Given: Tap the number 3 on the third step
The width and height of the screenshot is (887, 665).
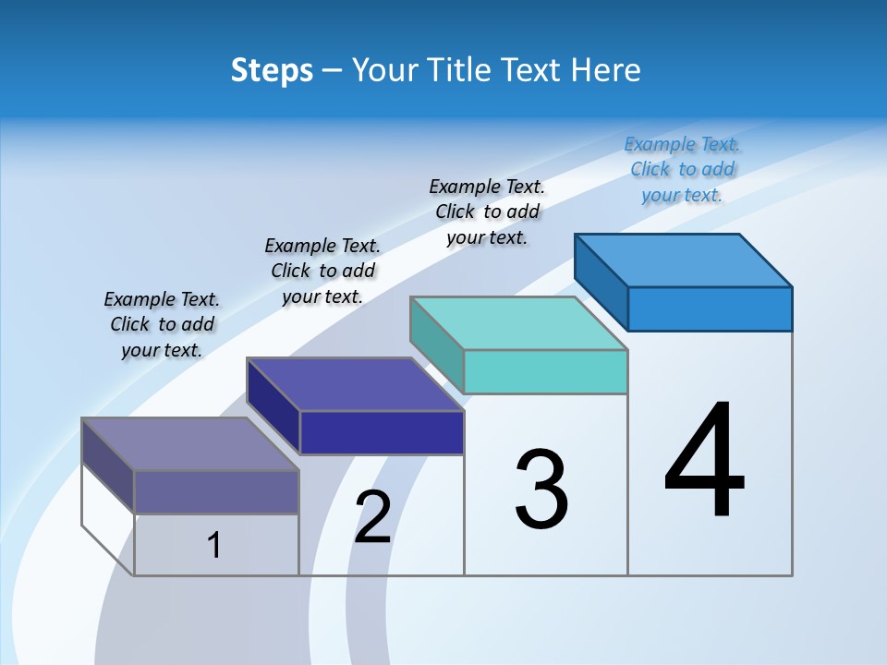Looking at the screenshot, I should pyautogui.click(x=541, y=490).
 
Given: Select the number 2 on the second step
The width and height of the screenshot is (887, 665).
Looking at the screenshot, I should pyautogui.click(x=373, y=517).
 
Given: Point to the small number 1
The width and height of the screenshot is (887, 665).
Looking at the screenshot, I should pyautogui.click(x=214, y=546).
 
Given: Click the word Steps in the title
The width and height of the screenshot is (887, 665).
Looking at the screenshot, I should pyautogui.click(x=272, y=70).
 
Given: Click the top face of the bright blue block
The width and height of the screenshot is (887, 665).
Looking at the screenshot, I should pyautogui.click(x=684, y=260).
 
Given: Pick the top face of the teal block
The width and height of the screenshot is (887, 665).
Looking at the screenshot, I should pyautogui.click(x=519, y=323).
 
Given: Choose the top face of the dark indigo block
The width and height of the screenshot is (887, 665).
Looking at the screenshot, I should pyautogui.click(x=355, y=384).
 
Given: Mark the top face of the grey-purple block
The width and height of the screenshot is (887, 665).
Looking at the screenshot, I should pyautogui.click(x=190, y=444).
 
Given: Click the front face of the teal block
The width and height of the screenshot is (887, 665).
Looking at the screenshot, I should pyautogui.click(x=545, y=371).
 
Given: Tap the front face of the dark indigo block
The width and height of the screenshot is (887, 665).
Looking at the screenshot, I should pyautogui.click(x=382, y=432).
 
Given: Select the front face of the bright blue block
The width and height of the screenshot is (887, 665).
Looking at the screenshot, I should pyautogui.click(x=710, y=308).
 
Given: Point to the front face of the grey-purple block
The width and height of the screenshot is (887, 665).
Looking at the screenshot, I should pyautogui.click(x=216, y=491).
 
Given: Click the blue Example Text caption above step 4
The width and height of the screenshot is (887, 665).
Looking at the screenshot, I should pyautogui.click(x=682, y=169).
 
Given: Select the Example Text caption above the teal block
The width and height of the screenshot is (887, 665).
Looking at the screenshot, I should pyautogui.click(x=487, y=212).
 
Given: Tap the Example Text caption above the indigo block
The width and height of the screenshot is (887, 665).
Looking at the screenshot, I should pyautogui.click(x=322, y=271).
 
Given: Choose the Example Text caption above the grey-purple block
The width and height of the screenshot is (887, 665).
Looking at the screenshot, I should pyautogui.click(x=162, y=324).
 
